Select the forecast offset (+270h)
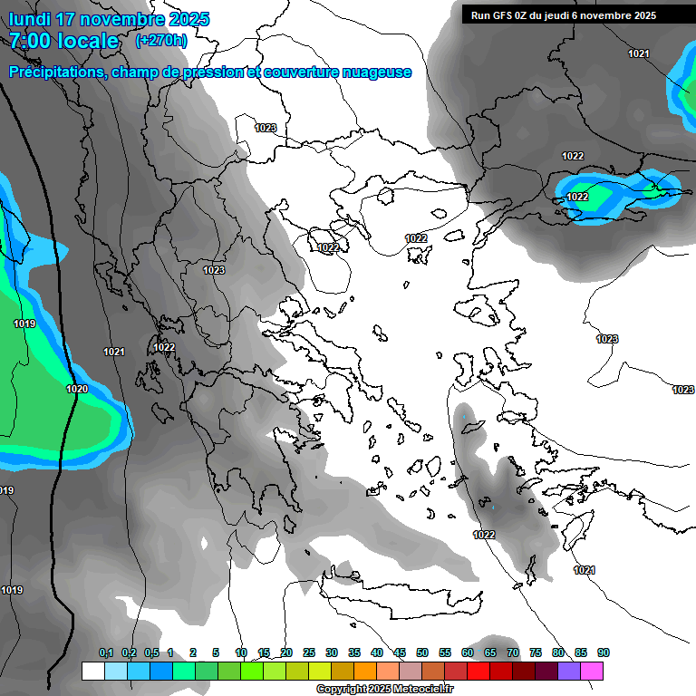tap(161, 40)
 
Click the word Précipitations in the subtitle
tap(55, 72)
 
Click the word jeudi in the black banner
tap(569, 15)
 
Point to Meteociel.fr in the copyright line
tap(416, 690)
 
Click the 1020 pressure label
tap(78, 389)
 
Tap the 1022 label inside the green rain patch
tap(577, 197)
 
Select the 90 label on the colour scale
tap(604, 653)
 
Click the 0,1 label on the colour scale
tap(106, 653)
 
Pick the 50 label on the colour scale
tap(422, 653)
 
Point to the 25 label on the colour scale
tap(309, 653)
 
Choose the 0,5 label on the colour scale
tap(151, 653)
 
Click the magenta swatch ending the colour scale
tap(592, 672)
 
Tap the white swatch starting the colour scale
tap(92, 672)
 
